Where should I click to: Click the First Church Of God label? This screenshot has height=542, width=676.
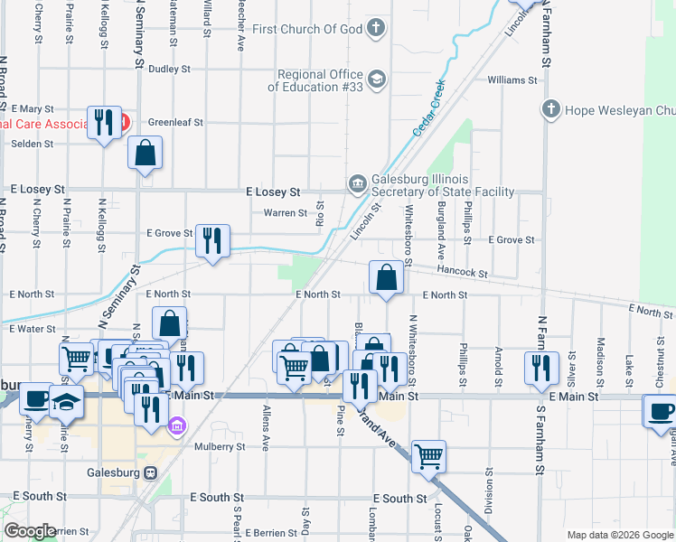307,29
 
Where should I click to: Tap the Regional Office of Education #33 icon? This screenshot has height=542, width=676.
377,80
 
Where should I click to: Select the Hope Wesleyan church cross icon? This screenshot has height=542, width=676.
551,110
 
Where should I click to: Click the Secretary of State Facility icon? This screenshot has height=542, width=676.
358,184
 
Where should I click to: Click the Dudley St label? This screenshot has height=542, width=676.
170,68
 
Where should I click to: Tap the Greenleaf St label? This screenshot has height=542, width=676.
175,121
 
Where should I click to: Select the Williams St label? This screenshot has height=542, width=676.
512,80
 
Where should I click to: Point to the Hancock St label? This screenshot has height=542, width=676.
462,272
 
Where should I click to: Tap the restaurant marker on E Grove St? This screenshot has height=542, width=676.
212,241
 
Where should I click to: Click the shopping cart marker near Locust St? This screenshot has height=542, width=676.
428,455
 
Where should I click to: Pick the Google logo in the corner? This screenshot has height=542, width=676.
31,531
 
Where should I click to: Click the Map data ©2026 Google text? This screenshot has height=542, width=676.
619,535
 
